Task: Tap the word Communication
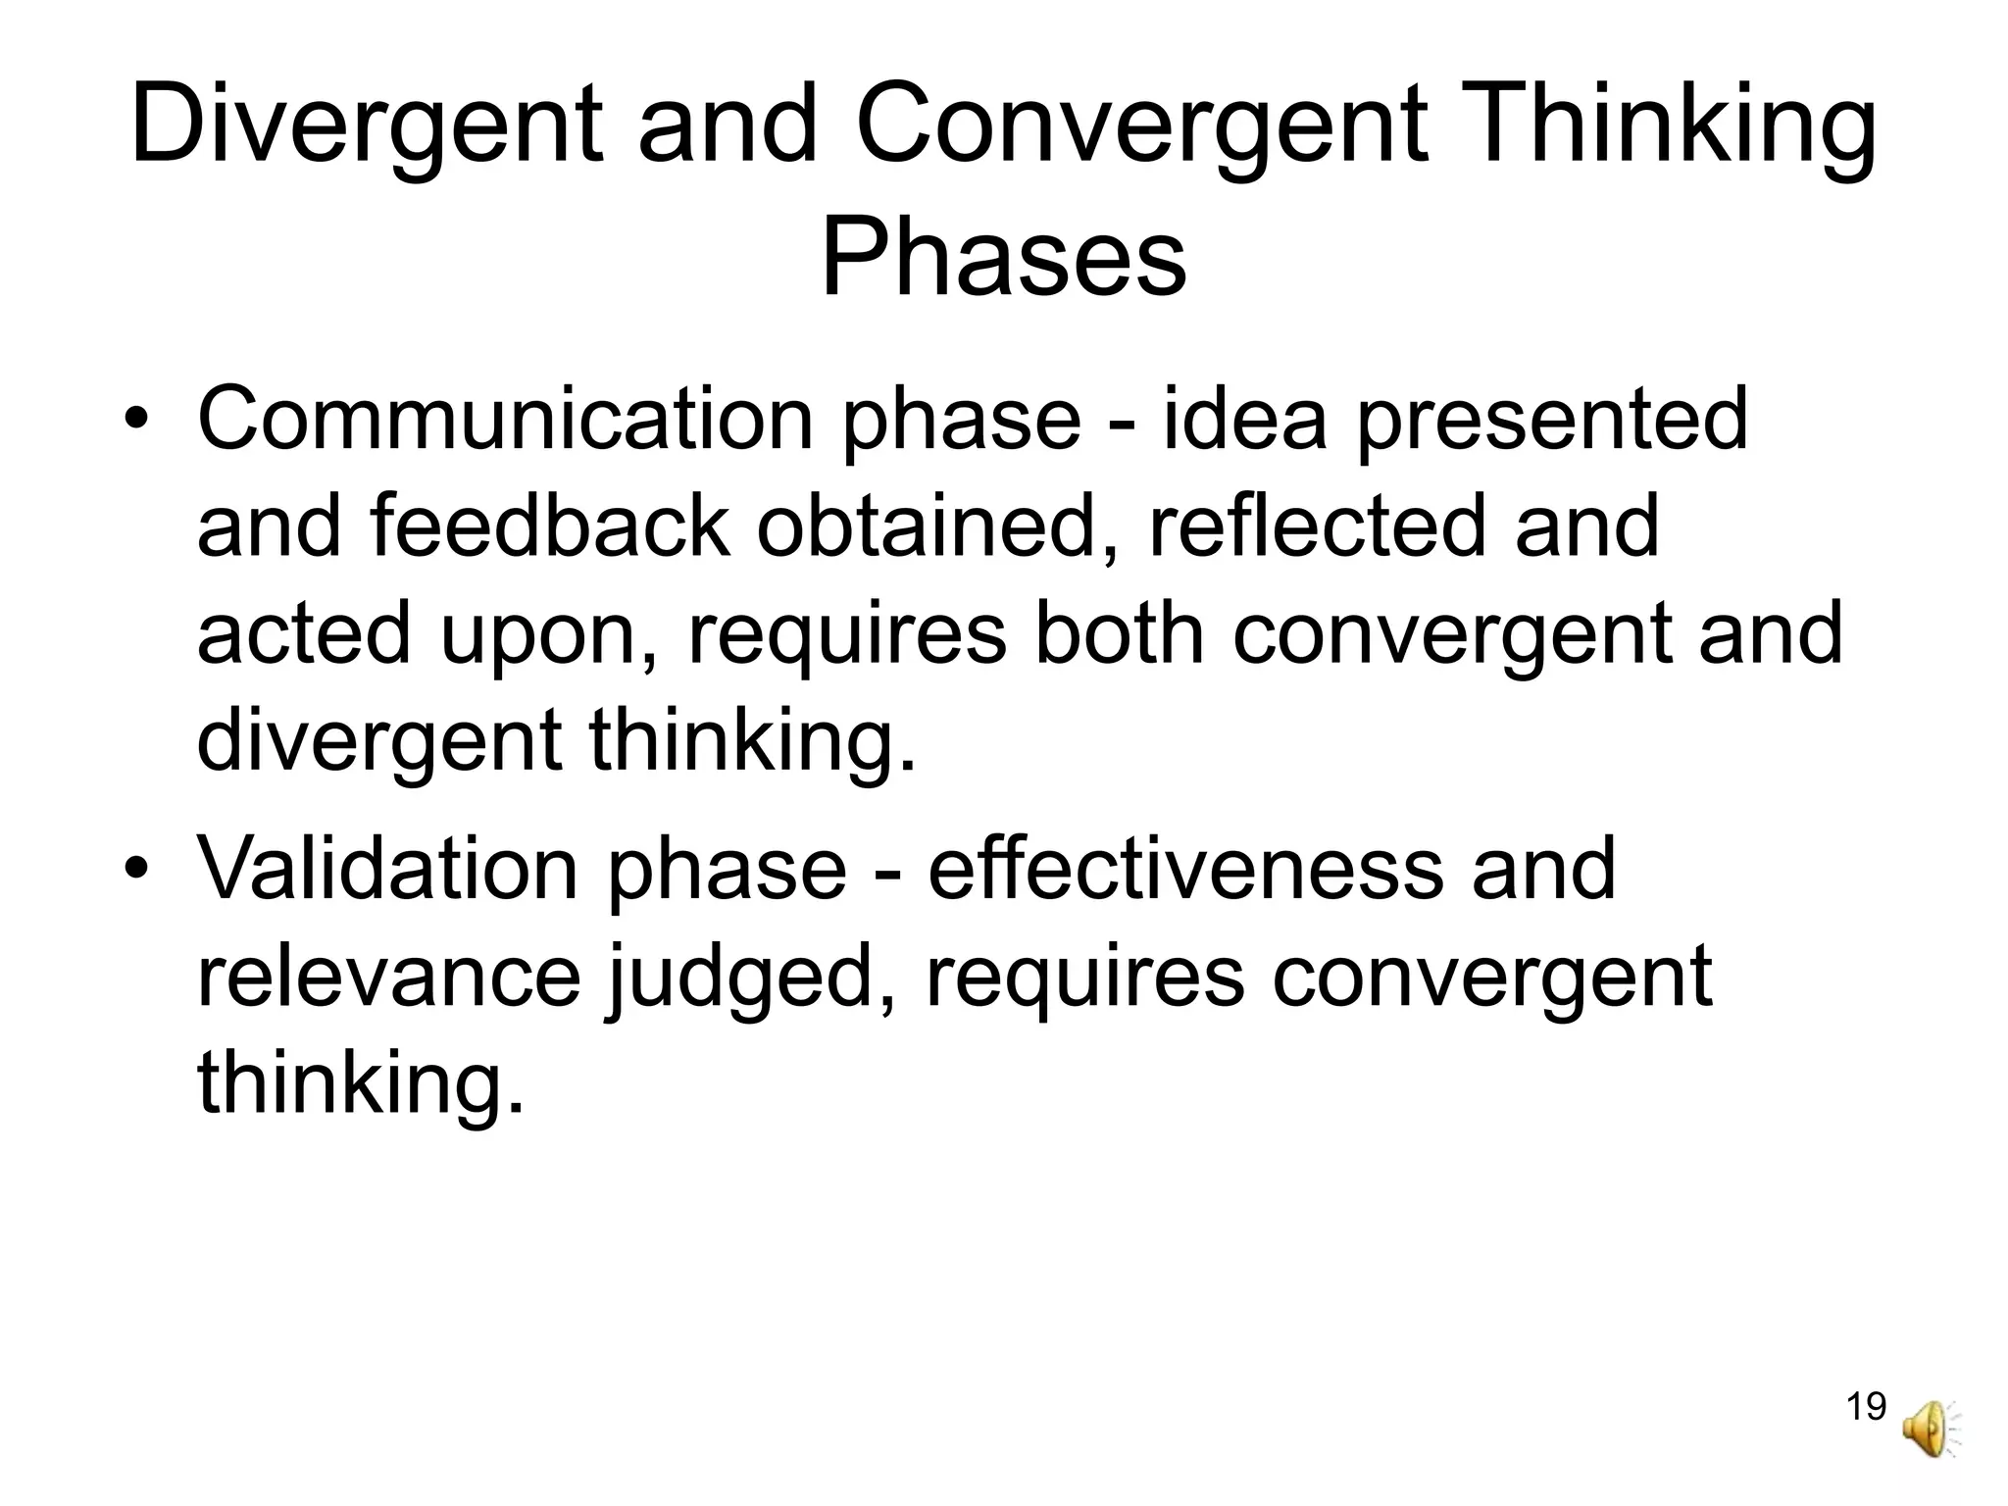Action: tap(505, 420)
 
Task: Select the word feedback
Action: tap(550, 527)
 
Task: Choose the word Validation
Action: tap(387, 869)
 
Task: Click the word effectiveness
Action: tap(1184, 869)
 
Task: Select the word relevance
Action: tap(389, 979)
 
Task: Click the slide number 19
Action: tap(1866, 1406)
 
